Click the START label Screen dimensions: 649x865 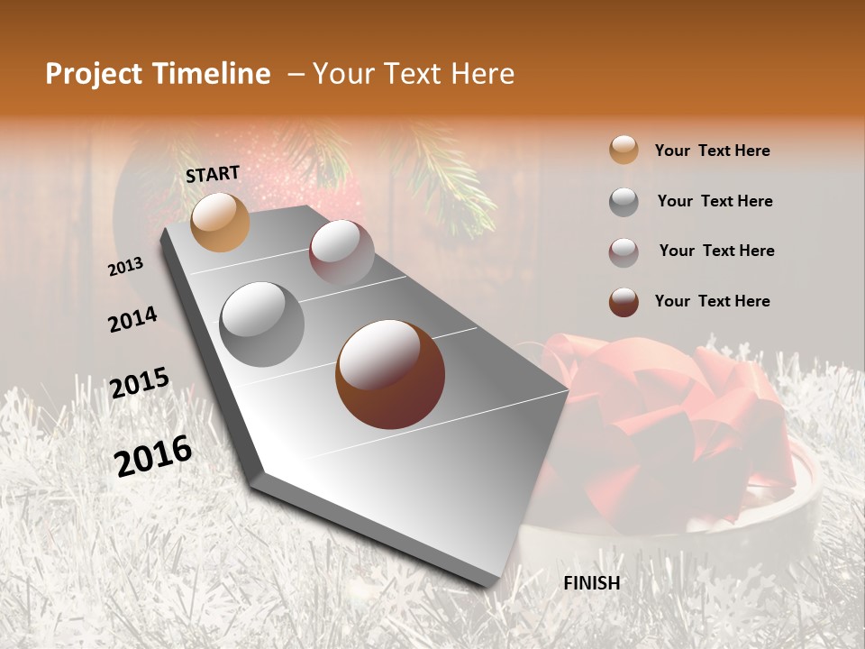[x=213, y=173]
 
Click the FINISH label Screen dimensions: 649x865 [x=591, y=583]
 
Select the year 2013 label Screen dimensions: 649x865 [x=126, y=266]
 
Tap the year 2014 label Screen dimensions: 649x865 [x=133, y=319]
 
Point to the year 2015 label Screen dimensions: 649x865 [x=140, y=383]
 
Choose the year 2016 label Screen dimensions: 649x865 [x=153, y=455]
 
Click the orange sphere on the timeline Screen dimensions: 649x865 [x=221, y=223]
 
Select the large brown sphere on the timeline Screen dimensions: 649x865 [x=390, y=374]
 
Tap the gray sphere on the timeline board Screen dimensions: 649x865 [x=262, y=324]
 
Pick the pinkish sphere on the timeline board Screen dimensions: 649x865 [x=341, y=252]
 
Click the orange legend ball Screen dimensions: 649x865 [x=624, y=150]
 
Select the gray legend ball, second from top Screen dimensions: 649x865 [x=624, y=201]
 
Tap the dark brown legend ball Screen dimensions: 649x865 [x=624, y=301]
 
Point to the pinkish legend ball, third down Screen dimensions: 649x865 [x=624, y=251]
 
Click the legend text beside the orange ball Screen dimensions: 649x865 [x=712, y=151]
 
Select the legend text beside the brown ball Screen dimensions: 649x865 [x=712, y=301]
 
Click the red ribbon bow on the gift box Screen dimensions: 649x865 [x=667, y=406]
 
